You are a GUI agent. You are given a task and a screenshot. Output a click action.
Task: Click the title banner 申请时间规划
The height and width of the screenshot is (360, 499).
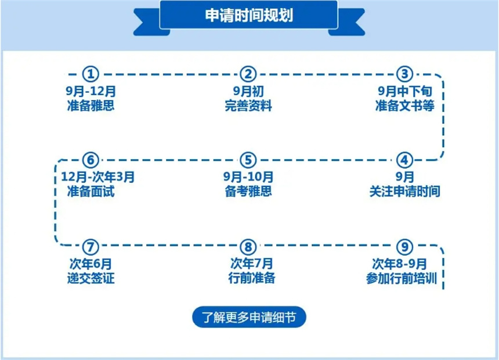248,15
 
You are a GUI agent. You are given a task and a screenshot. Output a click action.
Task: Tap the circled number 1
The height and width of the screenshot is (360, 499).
91,74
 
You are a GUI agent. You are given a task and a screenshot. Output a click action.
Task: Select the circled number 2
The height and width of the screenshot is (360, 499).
248,74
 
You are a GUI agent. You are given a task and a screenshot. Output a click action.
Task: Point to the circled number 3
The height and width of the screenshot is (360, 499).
404,74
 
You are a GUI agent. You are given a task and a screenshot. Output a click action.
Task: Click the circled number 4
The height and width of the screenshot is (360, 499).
404,160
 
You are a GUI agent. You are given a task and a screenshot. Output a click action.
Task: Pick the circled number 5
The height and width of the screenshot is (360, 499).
248,160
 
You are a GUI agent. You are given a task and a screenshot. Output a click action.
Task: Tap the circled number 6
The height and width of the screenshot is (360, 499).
91,160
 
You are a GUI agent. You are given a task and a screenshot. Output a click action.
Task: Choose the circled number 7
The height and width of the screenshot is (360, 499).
91,247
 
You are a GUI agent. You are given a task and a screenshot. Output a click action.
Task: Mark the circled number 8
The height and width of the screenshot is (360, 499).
248,247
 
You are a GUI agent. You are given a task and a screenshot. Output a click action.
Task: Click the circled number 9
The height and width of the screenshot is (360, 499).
404,247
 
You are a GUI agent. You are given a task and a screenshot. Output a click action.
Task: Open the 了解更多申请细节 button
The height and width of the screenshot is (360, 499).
249,317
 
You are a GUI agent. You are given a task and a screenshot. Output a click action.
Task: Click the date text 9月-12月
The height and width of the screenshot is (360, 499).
91,91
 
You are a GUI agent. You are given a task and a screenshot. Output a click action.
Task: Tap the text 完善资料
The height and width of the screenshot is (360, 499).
248,106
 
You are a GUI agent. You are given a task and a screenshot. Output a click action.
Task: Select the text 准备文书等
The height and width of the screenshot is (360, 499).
404,106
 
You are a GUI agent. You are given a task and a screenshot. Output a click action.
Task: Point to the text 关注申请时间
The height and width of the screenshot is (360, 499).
404,192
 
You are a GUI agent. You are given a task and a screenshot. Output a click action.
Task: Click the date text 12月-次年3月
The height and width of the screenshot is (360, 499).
97,177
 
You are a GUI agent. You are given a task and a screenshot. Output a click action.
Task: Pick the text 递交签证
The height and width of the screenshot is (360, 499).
91,278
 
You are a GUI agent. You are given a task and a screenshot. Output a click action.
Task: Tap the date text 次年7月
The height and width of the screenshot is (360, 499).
251,264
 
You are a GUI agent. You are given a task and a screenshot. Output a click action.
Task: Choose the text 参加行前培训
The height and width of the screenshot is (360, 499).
402,278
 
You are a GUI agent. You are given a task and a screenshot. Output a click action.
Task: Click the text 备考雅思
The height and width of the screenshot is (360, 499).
248,191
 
